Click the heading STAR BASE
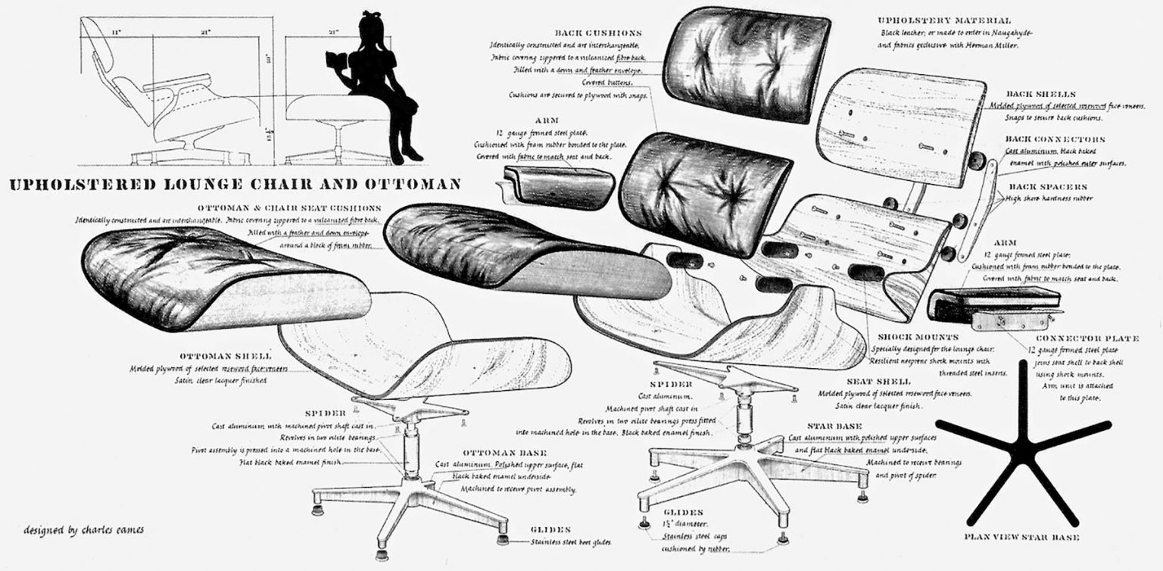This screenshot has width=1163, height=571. (834, 426)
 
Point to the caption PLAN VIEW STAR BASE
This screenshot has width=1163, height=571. (1021, 537)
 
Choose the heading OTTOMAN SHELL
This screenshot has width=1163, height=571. (226, 356)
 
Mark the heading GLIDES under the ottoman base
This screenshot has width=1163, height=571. (550, 529)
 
